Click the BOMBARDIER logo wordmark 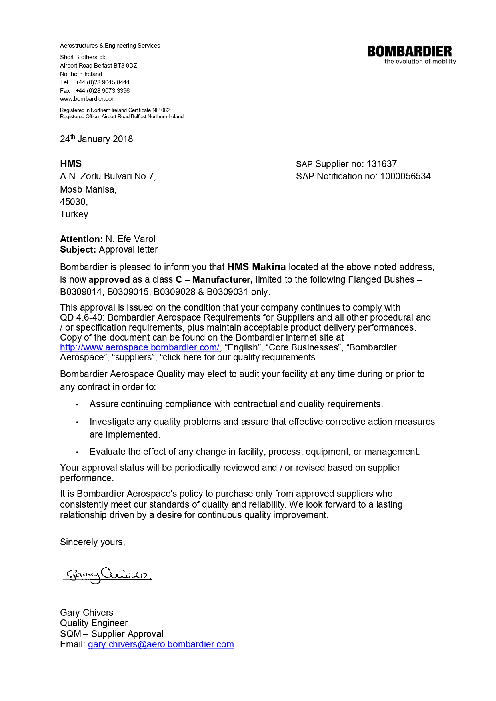point(409,51)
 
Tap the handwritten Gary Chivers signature point(107,575)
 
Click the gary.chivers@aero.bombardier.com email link point(161,644)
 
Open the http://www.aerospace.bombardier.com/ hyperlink point(140,347)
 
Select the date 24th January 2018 point(96,139)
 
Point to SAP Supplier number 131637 point(382,164)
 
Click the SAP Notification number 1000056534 point(405,176)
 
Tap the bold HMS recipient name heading point(71,163)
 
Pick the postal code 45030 point(73,202)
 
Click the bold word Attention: point(81,239)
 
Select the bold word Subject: point(78,249)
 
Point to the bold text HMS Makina point(256,267)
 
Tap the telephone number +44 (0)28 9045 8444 point(102,82)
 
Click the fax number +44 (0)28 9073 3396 point(102,91)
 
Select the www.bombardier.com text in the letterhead point(88,99)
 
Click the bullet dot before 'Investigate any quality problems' point(77,422)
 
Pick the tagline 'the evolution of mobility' point(420,62)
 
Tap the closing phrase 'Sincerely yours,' point(92,542)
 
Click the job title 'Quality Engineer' point(94,623)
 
